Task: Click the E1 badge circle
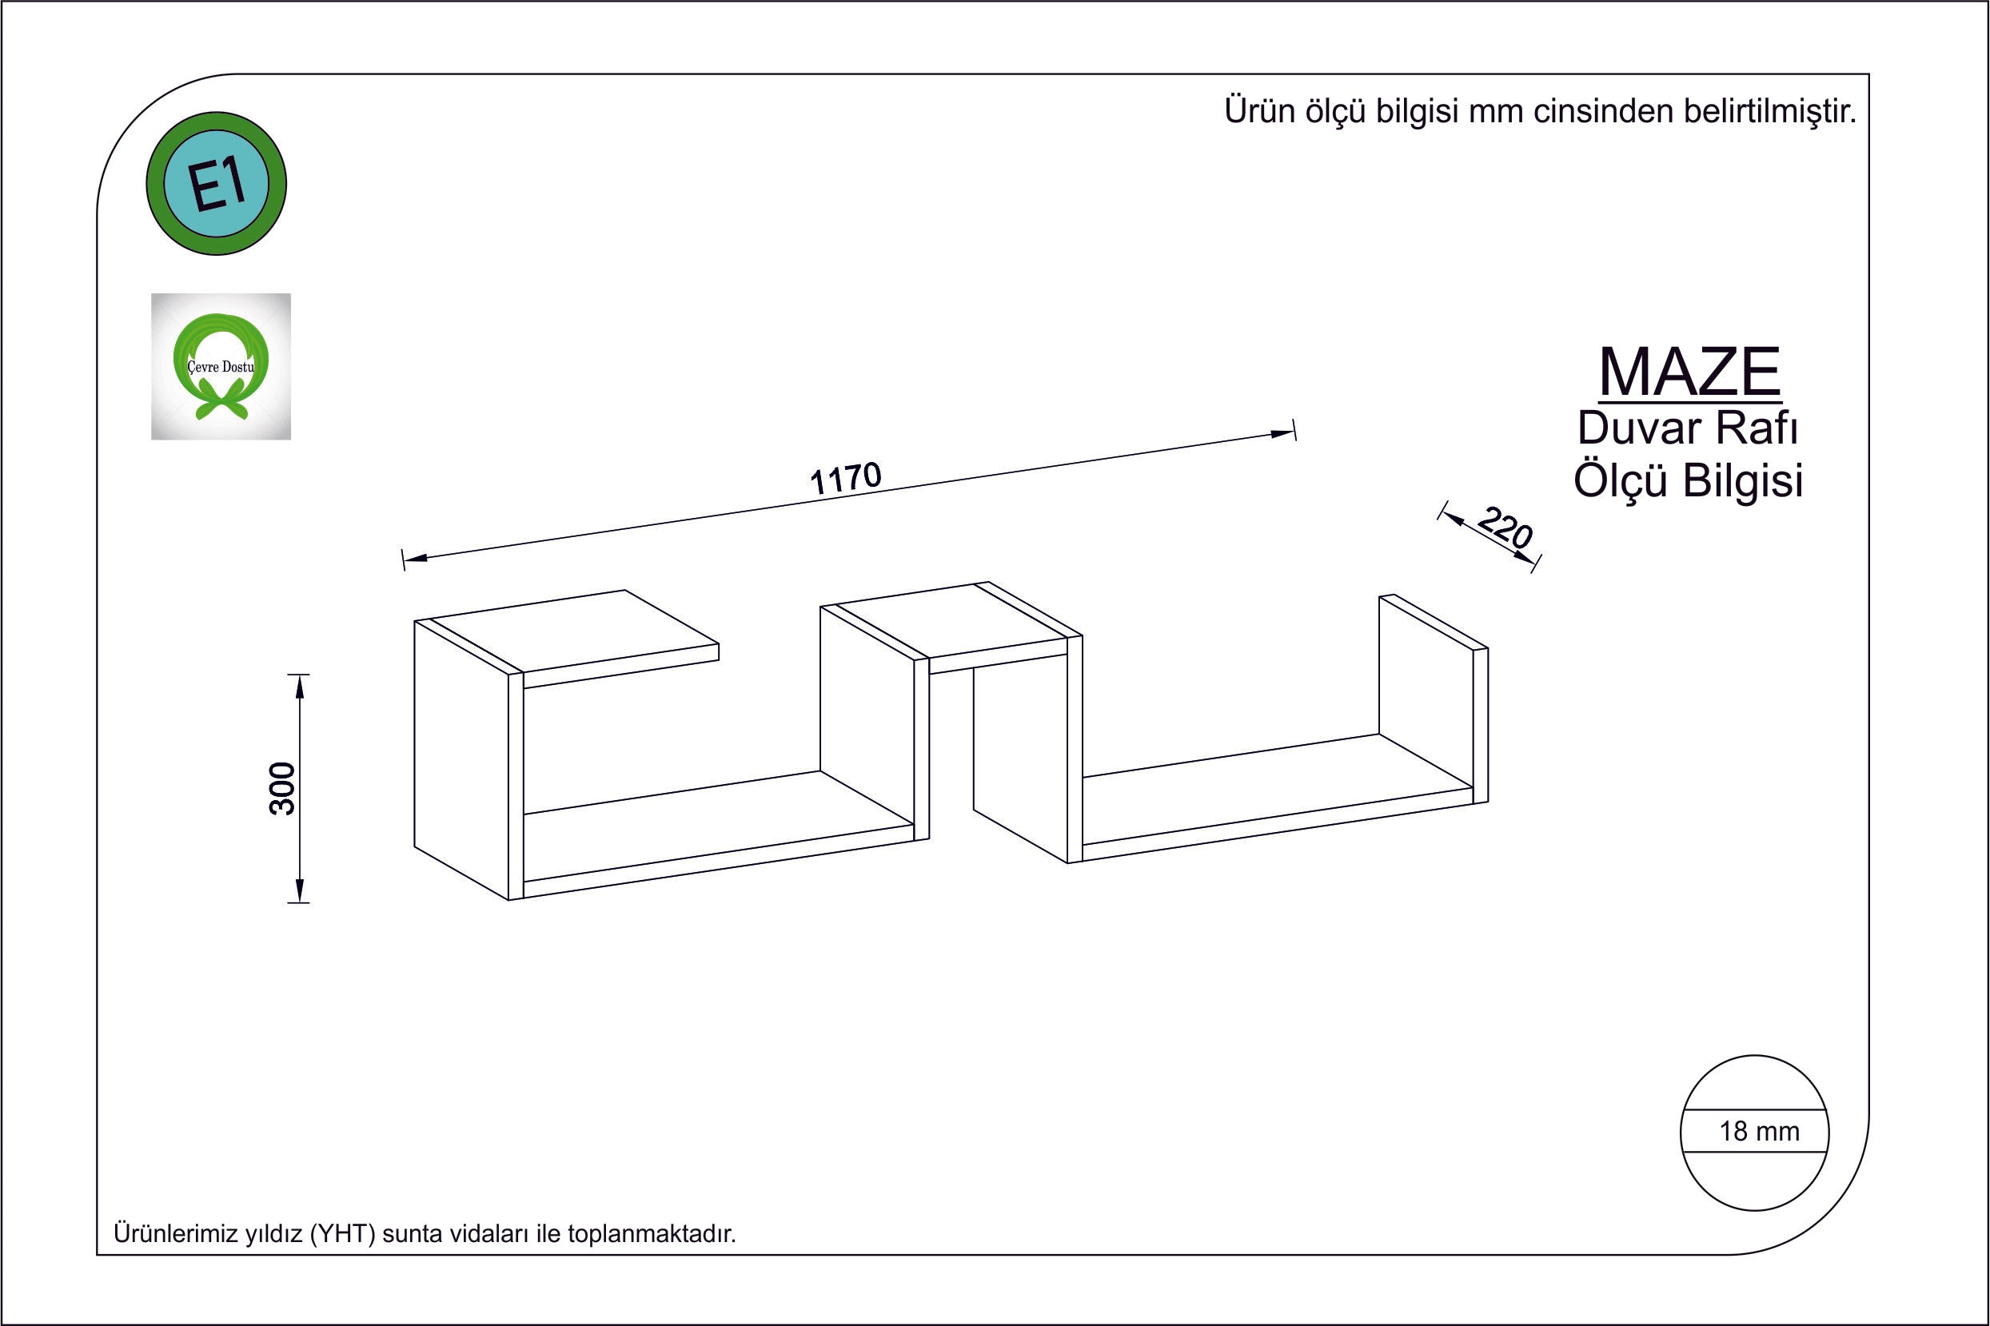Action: point(217,184)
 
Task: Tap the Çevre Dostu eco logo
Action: point(221,367)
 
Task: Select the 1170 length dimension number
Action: point(846,479)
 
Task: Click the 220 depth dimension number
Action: point(1505,528)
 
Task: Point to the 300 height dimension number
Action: point(283,788)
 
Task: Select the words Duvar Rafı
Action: point(1688,428)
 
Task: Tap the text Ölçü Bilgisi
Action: point(1689,480)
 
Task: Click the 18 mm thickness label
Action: point(1759,1132)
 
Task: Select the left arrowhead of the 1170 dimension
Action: point(415,557)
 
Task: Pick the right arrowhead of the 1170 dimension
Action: point(1282,434)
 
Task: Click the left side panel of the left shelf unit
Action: point(461,758)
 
